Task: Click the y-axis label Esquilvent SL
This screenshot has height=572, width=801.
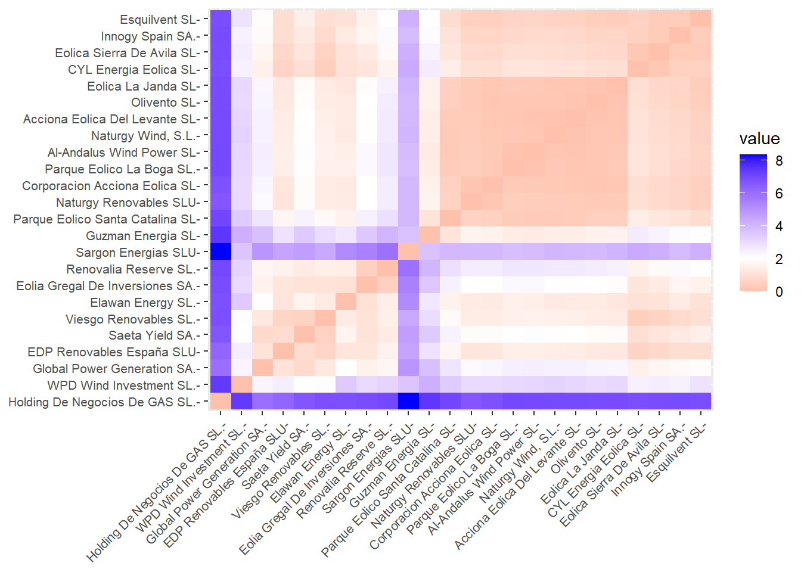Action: tap(159, 20)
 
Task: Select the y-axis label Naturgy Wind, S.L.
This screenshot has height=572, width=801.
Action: tap(144, 136)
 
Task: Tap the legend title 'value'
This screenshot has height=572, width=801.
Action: tap(759, 139)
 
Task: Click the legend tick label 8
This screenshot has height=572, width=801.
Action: tap(779, 161)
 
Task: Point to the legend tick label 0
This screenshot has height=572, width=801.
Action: tap(779, 292)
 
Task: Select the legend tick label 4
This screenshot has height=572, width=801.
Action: tap(779, 226)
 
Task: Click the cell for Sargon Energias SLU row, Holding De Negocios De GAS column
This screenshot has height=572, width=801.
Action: tap(221, 253)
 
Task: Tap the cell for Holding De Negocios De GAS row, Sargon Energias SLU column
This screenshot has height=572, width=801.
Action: tap(408, 402)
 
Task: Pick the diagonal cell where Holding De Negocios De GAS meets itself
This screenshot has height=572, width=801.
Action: tap(221, 402)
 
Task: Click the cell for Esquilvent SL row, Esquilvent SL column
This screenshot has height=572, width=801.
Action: tap(700, 20)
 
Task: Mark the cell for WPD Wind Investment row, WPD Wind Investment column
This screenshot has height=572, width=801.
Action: tap(241, 386)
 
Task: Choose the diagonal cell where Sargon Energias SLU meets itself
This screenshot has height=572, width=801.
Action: tap(408, 253)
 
